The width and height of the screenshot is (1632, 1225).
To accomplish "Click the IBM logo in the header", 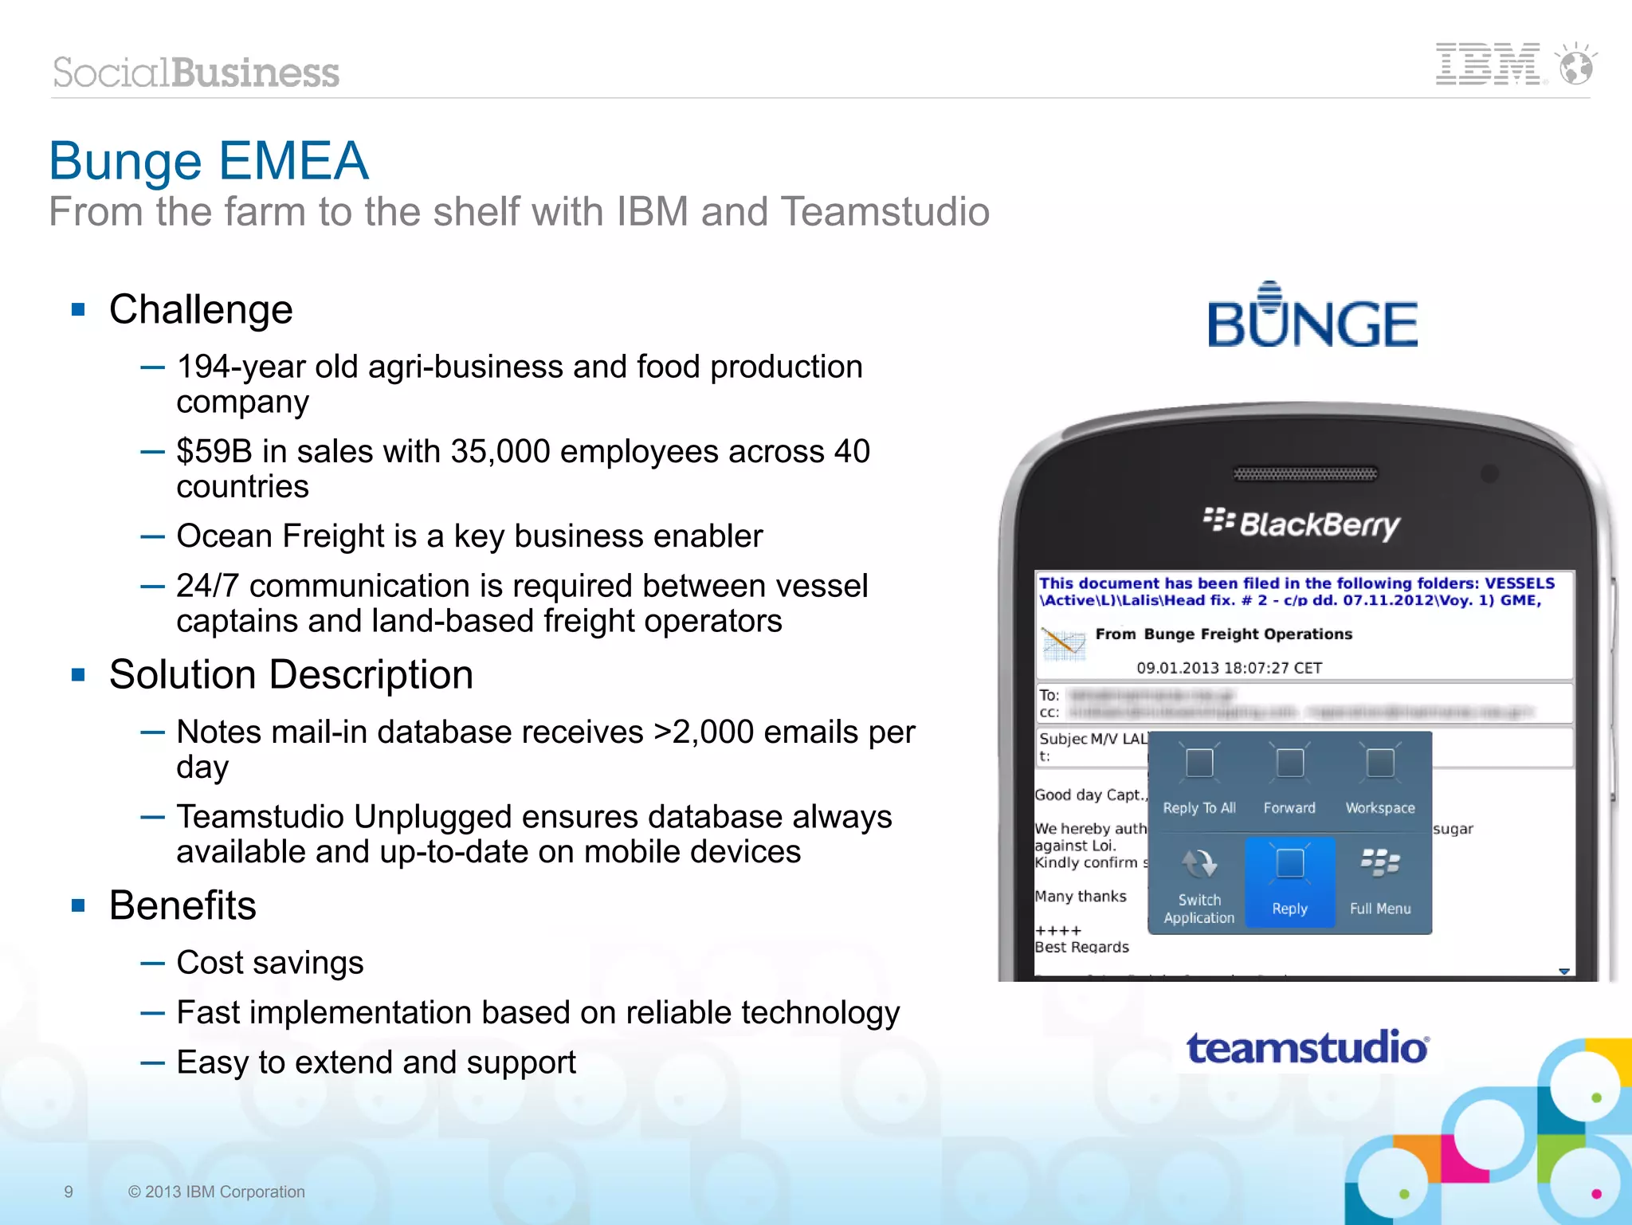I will click(x=1487, y=65).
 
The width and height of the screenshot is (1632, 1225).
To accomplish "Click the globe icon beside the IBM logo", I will click(x=1576, y=65).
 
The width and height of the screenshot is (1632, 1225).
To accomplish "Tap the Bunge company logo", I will click(x=1312, y=316).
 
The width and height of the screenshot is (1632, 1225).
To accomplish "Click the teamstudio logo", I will click(x=1308, y=1047).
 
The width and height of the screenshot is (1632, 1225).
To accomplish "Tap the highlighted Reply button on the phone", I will click(x=1289, y=881).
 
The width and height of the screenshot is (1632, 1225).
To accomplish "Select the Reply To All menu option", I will click(x=1199, y=782).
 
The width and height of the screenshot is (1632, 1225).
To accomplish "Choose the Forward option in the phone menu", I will click(x=1289, y=782).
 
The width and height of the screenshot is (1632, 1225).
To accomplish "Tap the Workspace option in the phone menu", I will click(x=1380, y=782).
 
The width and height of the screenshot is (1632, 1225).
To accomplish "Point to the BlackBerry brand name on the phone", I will click(x=1302, y=524).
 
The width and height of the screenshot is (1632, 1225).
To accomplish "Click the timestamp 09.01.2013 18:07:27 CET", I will click(x=1229, y=668).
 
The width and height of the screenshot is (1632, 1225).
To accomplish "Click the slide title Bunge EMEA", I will click(x=209, y=160).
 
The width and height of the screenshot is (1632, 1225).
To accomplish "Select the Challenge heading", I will click(x=201, y=309).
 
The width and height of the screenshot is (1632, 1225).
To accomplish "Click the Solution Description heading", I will click(x=291, y=674).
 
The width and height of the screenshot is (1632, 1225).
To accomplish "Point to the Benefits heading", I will click(x=182, y=905).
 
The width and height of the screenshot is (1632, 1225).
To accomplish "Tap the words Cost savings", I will click(x=270, y=963).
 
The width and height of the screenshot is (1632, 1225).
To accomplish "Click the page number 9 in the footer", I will click(x=69, y=1192).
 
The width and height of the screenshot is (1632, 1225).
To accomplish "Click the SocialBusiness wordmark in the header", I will click(x=196, y=73).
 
